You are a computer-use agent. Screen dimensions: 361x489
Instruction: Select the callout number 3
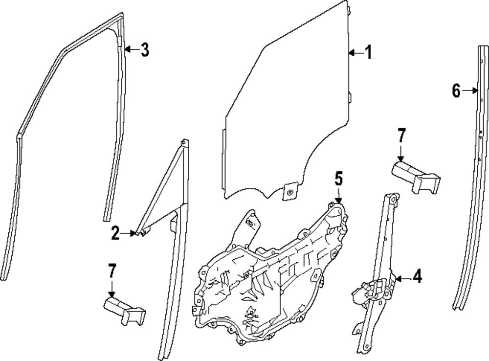(x=144, y=49)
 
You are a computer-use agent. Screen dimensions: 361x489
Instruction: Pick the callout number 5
(x=339, y=179)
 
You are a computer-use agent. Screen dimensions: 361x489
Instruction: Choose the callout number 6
(x=456, y=90)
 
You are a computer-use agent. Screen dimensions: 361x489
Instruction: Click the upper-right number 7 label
(x=401, y=135)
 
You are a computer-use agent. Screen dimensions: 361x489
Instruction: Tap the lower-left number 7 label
(x=112, y=271)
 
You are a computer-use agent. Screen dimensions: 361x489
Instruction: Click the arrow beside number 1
(x=356, y=52)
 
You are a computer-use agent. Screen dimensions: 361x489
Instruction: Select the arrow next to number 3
(x=131, y=49)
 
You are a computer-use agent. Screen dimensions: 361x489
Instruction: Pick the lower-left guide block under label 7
(x=125, y=310)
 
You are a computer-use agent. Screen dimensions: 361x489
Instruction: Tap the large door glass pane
(x=289, y=108)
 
